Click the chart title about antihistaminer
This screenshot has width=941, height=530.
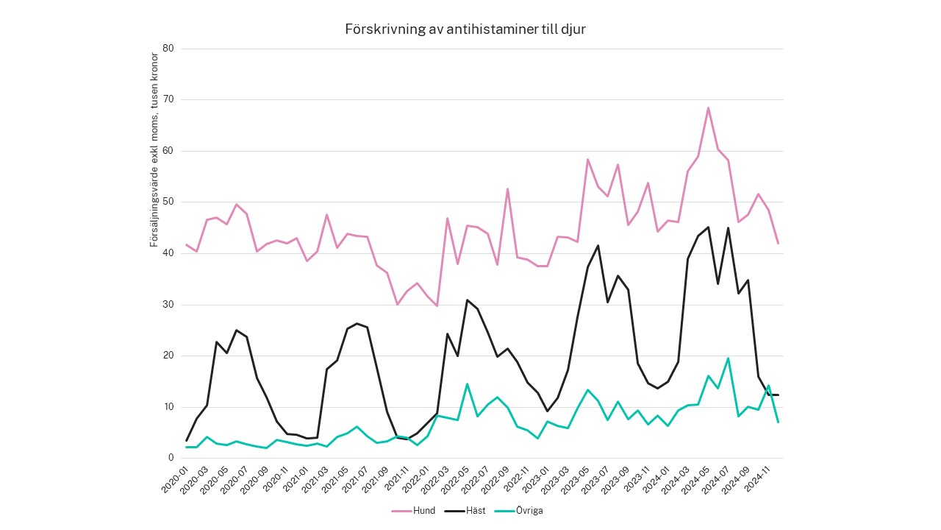pos(465,29)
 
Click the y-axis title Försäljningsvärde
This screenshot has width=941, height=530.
pos(154,149)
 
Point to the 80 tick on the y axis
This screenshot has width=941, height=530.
pos(168,49)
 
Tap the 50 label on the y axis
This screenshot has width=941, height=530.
pos(168,202)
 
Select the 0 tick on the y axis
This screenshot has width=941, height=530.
pos(171,458)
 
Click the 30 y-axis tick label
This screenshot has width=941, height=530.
pos(168,304)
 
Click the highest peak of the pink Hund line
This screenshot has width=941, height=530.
pos(708,108)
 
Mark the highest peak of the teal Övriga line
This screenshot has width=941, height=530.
pos(728,358)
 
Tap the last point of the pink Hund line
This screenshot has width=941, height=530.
pos(778,244)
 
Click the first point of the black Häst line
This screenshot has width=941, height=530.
pos(187,440)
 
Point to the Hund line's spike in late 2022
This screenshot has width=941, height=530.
pos(507,189)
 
